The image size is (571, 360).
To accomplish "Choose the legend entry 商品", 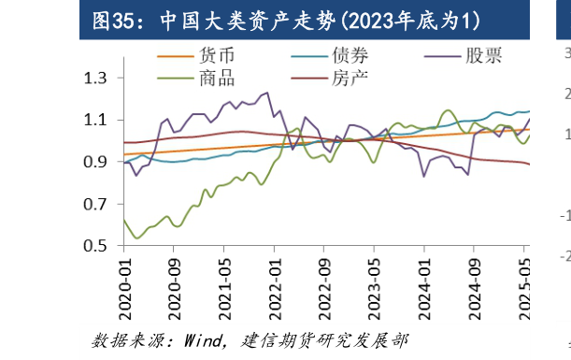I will pyautogui.click(x=217, y=78).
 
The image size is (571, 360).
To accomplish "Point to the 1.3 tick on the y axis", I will pyautogui.click(x=96, y=78).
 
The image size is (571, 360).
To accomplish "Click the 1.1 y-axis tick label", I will pyautogui.click(x=96, y=120).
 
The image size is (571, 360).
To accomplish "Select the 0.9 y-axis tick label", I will pyautogui.click(x=96, y=162).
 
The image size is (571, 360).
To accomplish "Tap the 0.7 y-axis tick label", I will pyautogui.click(x=96, y=204).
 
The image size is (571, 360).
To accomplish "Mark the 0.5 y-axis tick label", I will pyautogui.click(x=96, y=246).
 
